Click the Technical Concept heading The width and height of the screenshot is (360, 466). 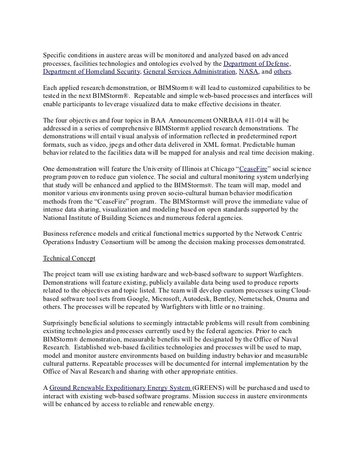click(x=69, y=258)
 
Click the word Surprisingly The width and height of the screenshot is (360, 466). click(x=63, y=323)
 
